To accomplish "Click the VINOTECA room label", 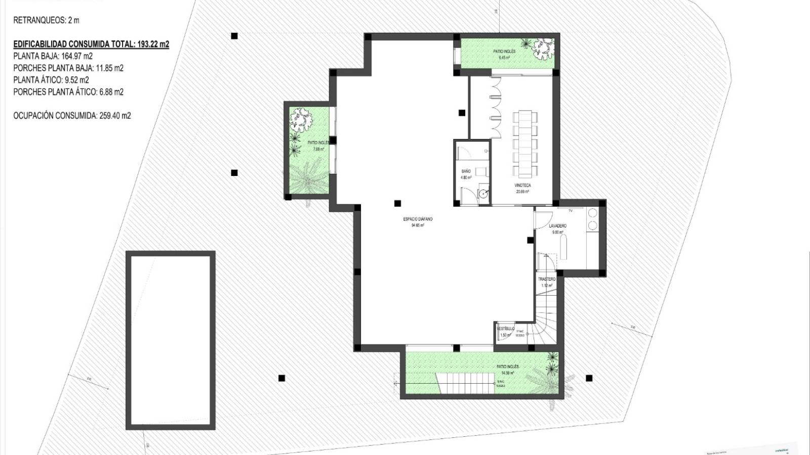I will (x=523, y=186).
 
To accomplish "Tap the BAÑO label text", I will (x=466, y=171).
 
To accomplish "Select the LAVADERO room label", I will (x=558, y=226).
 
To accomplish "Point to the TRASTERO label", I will (x=547, y=279).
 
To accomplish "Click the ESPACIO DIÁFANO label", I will (x=418, y=219).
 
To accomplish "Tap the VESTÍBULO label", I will (x=505, y=329).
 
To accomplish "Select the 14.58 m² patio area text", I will (x=507, y=373).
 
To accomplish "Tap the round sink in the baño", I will (x=484, y=193).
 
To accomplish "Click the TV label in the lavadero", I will (x=571, y=210).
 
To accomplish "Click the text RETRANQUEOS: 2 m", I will (x=46, y=21).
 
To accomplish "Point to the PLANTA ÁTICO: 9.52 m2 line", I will (x=51, y=80).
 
